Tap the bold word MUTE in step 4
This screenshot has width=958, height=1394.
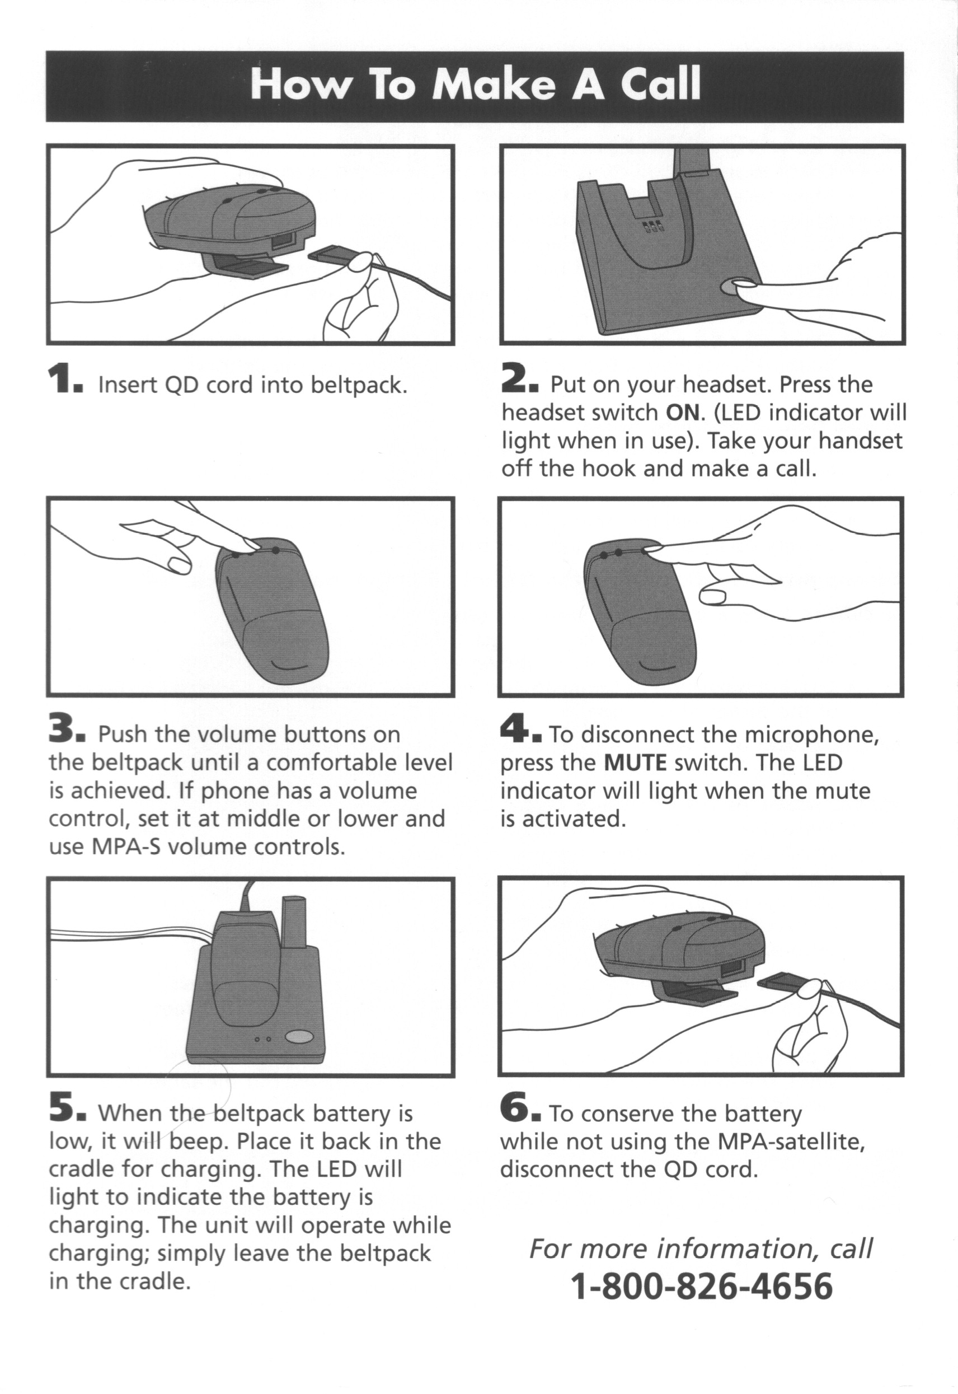635,763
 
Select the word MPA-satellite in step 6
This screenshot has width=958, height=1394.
791,1142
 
